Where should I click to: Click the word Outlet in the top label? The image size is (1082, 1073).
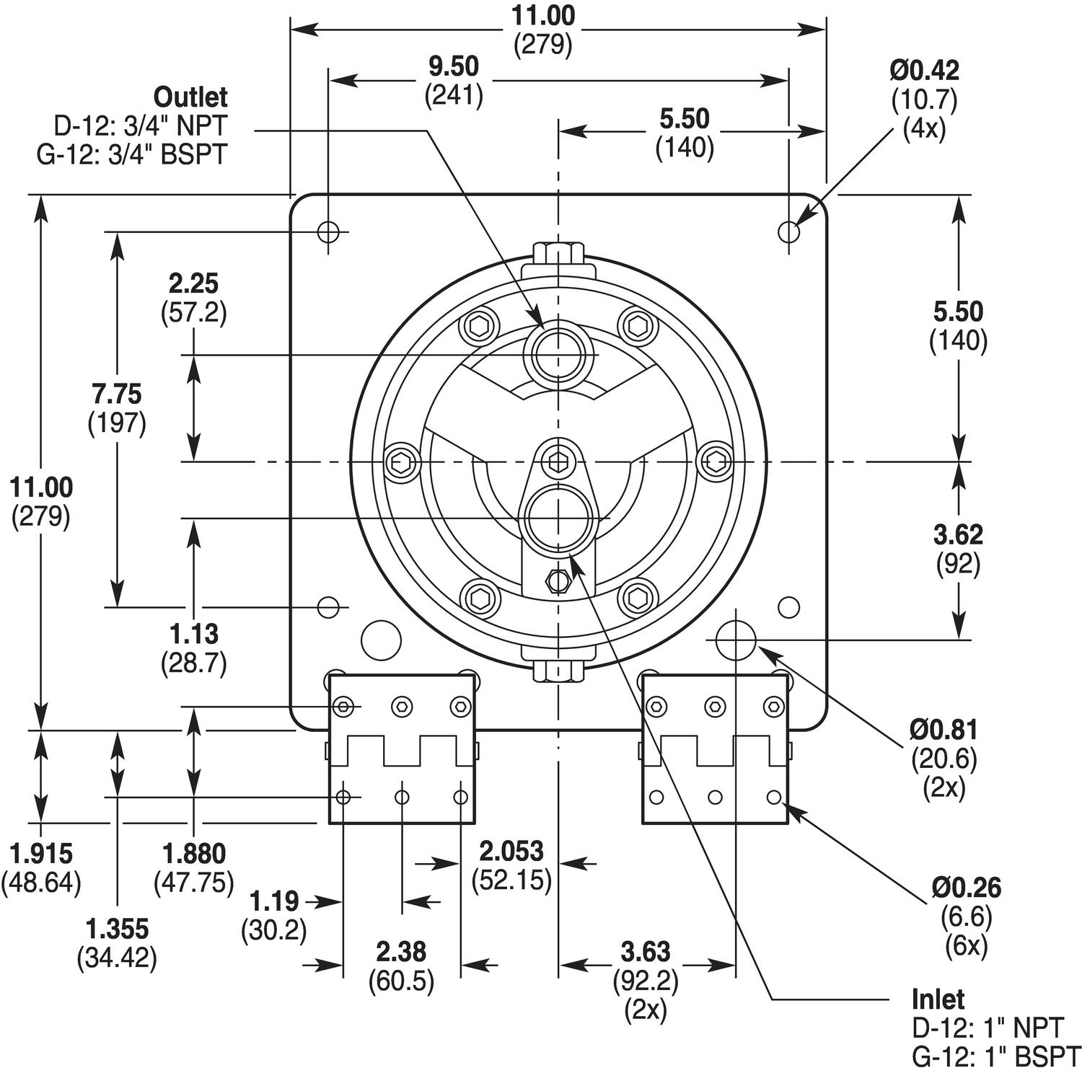coord(190,97)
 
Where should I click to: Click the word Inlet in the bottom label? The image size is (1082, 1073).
coord(938,999)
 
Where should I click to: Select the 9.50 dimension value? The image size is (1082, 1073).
coord(454,66)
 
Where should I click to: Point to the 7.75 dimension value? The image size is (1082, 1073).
coord(117,394)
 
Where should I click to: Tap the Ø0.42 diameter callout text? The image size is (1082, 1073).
coord(924,71)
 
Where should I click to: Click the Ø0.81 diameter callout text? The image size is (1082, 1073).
coord(944,730)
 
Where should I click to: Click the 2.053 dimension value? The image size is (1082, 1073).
coord(511,852)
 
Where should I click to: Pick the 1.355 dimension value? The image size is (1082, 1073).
coord(117,928)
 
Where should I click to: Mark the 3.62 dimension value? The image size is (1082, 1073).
coord(958,535)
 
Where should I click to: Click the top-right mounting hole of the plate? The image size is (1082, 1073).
coord(789,232)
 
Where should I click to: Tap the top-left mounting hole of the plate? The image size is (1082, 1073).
coord(328,232)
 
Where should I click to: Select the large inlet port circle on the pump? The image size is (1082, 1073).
coord(558,518)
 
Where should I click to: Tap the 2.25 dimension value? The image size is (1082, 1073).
coord(193,283)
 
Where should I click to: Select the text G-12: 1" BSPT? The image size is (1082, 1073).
coord(996,1056)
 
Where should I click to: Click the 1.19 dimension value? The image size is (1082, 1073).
coord(274,901)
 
